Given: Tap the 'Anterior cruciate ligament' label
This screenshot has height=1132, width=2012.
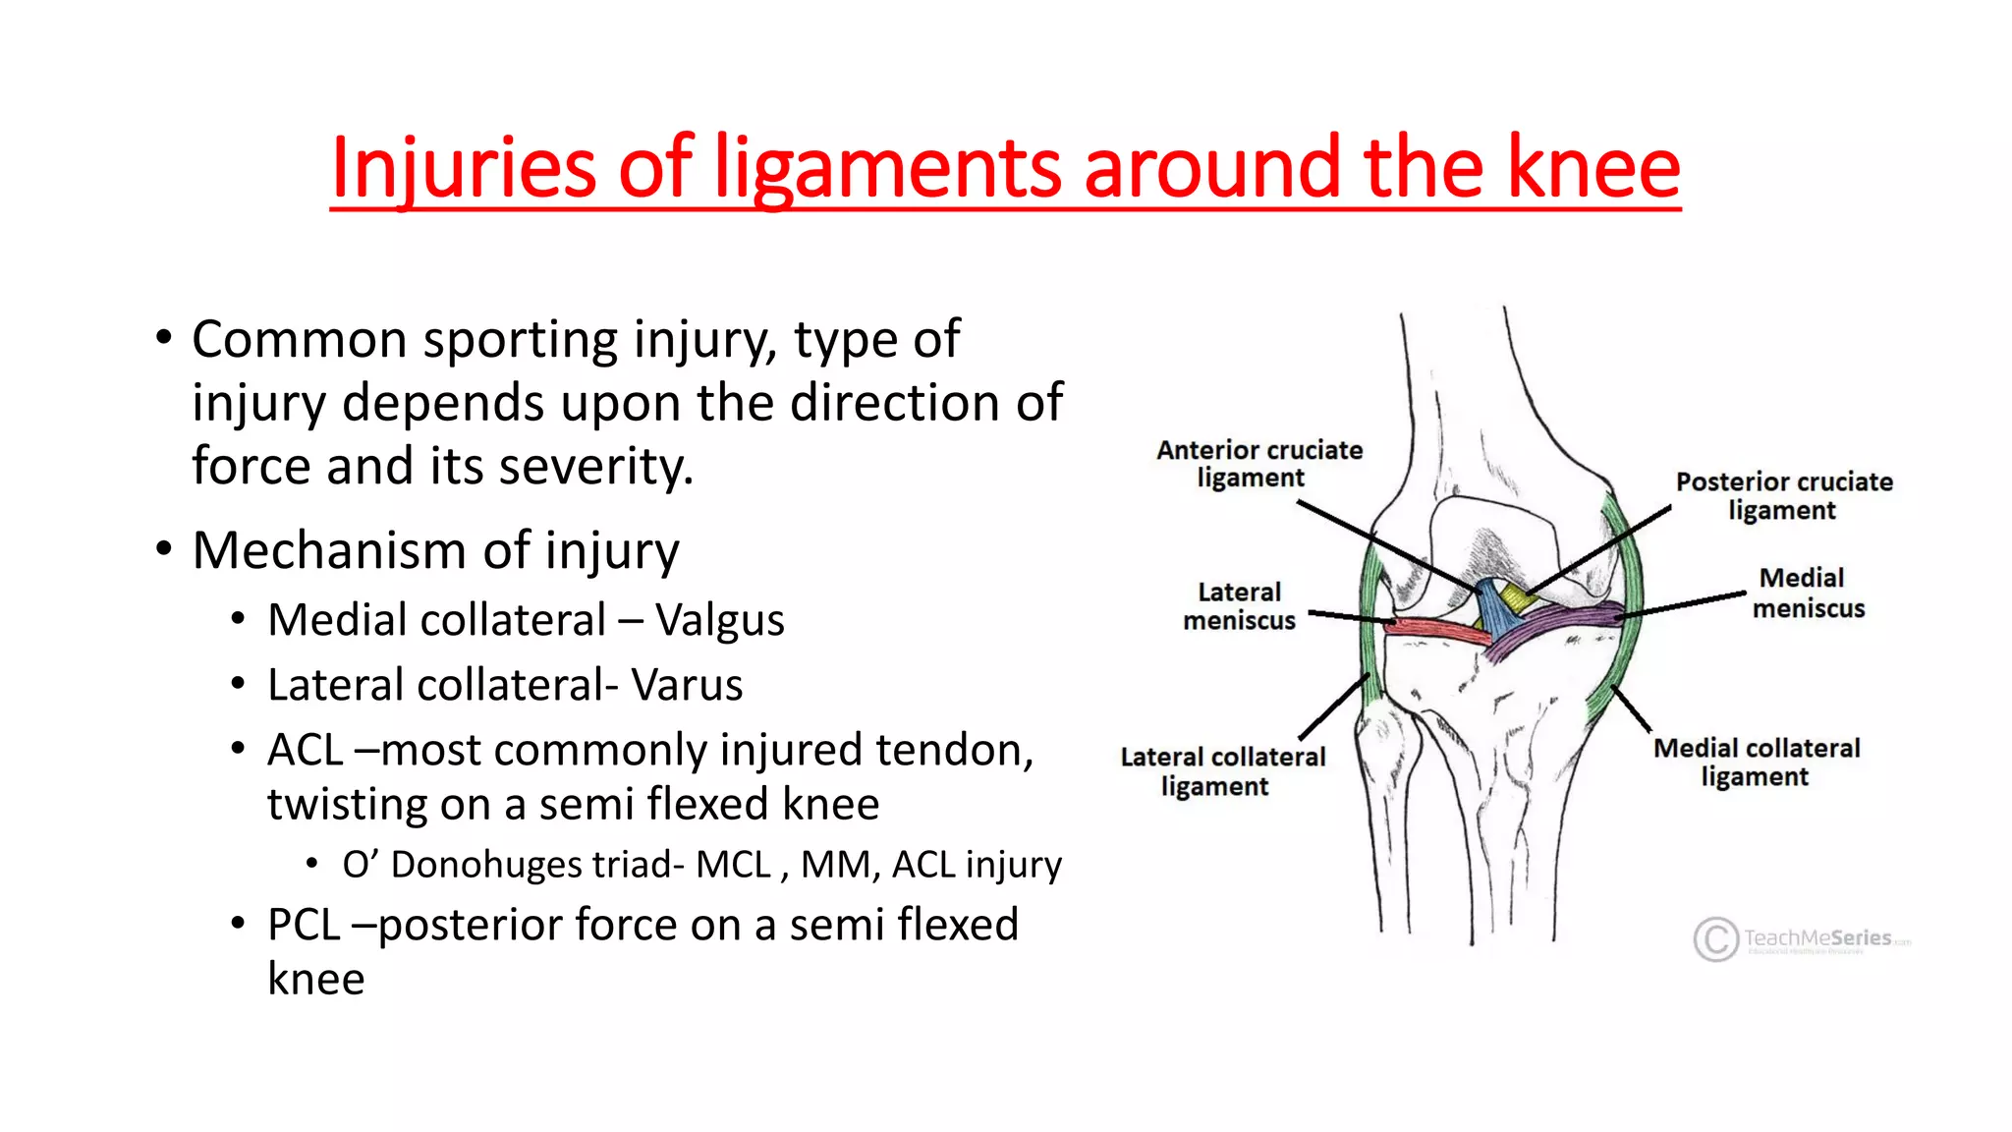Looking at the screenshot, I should coord(1258,464).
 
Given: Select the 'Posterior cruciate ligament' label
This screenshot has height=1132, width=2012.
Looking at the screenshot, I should coord(1783,496).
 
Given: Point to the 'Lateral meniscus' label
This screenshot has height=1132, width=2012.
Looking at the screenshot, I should coord(1239,606).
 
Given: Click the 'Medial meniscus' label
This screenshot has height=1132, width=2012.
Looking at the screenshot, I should coord(1807,593).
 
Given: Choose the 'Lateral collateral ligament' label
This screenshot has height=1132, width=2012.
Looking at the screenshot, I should coord(1222,771).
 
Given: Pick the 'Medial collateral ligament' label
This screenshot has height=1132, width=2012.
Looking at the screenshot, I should coord(1756,763).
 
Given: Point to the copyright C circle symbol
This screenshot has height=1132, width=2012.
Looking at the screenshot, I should coord(1715,939).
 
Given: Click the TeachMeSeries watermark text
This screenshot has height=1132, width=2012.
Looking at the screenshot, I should coord(1817,938).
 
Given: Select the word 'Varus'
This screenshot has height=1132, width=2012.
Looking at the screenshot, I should coord(687,686).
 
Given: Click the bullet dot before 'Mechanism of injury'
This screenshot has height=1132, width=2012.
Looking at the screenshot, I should coord(164,549).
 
